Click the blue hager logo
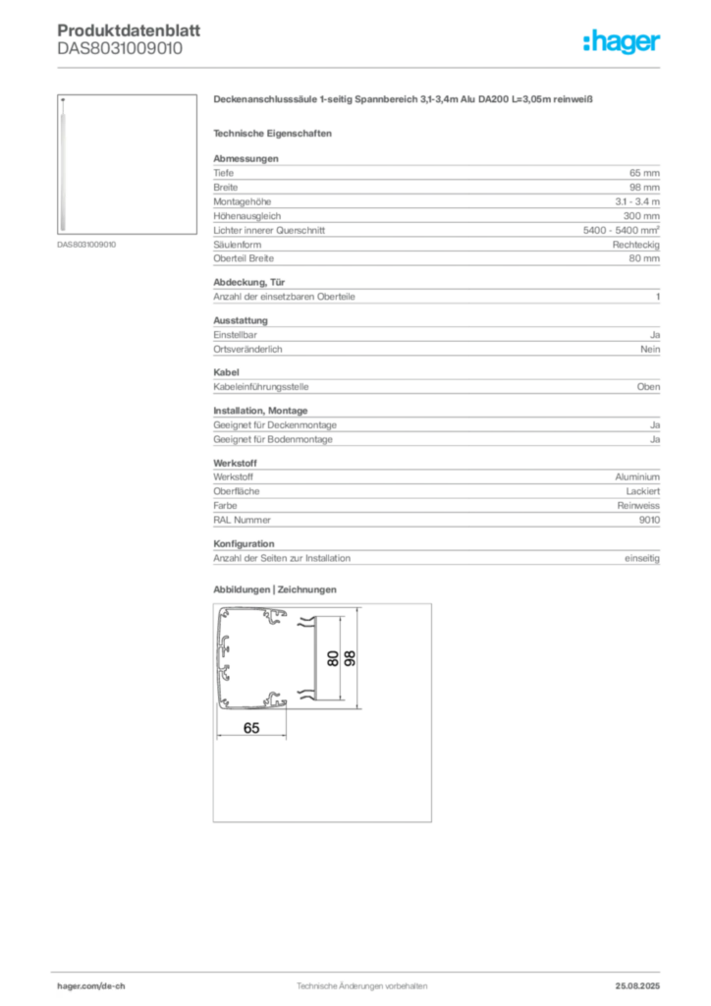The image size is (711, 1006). pyautogui.click(x=623, y=41)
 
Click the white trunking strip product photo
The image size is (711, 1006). pyautogui.click(x=64, y=165)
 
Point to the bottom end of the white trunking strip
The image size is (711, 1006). pyautogui.click(x=64, y=230)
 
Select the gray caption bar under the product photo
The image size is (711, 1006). pyautogui.click(x=85, y=244)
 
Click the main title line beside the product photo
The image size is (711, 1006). pyautogui.click(x=403, y=100)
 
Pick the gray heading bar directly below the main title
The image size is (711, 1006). pyautogui.click(x=275, y=132)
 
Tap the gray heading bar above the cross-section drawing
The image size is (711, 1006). pyautogui.click(x=275, y=589)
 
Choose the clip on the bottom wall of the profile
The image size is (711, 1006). pyautogui.click(x=273, y=699)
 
